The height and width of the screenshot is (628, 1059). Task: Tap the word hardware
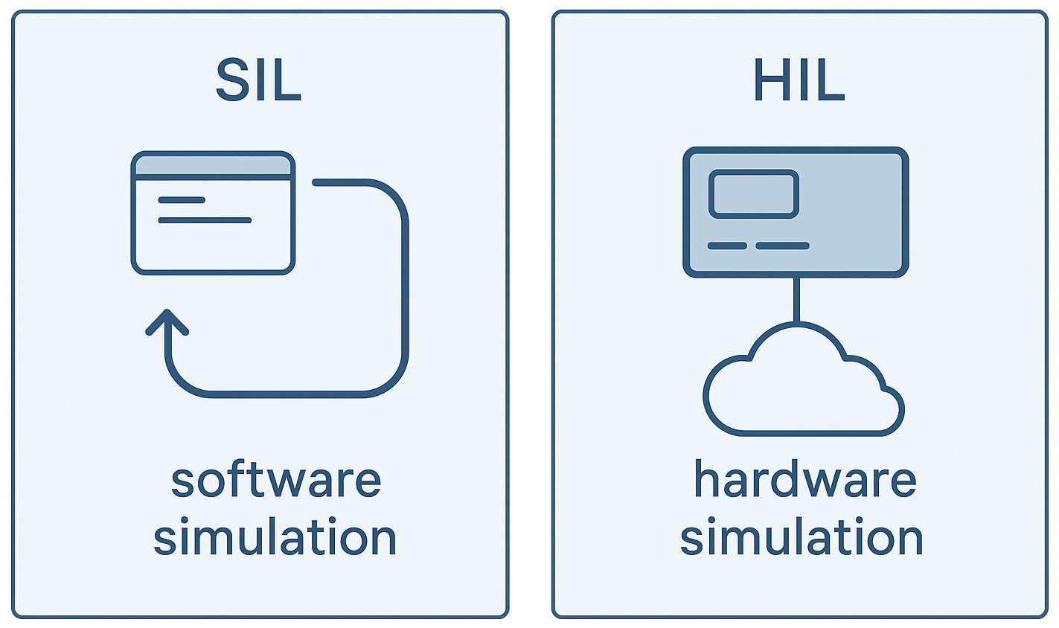tap(804, 480)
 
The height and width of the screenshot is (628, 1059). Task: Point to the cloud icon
tap(802, 387)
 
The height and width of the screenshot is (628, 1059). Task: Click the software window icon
tap(214, 214)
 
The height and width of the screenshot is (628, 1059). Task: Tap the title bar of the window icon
tap(214, 164)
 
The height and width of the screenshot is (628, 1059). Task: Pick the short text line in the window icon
tap(182, 200)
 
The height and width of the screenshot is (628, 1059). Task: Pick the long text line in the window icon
tap(205, 220)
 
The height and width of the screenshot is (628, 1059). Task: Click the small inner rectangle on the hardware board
tap(753, 194)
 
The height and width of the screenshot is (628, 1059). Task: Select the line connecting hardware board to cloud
tap(796, 299)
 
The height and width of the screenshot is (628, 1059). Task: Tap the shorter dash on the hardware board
tap(727, 246)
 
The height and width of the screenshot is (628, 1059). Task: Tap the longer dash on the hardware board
tap(782, 246)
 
